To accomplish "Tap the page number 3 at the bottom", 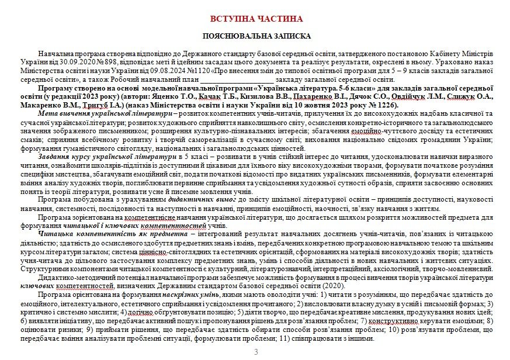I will pyautogui.click(x=256, y=352).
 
